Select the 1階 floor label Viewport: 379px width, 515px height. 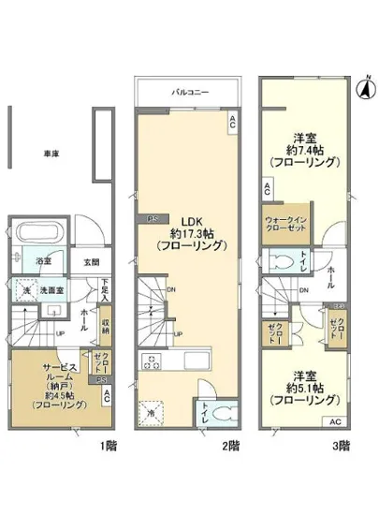[111, 446]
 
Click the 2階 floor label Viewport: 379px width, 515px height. [229, 446]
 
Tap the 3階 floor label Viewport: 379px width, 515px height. [343, 446]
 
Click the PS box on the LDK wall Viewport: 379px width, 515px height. [153, 219]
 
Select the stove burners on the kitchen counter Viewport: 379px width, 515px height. [152, 360]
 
